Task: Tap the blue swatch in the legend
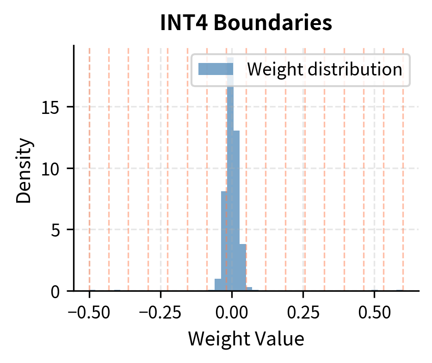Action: tap(216, 69)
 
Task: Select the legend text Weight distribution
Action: tap(324, 69)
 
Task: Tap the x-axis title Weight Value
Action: tap(246, 339)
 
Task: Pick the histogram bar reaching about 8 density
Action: tap(224, 241)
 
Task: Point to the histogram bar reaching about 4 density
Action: tap(242, 269)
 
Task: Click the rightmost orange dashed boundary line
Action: tap(403, 185)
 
